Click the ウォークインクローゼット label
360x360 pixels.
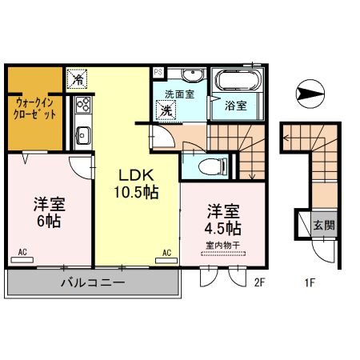click(x=35, y=107)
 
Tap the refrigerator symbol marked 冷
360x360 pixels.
click(x=78, y=79)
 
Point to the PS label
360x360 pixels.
click(x=158, y=72)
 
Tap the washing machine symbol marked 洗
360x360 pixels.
click(x=166, y=111)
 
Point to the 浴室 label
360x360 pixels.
click(x=235, y=105)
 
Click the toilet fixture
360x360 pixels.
click(x=206, y=167)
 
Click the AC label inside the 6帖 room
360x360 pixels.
click(x=22, y=253)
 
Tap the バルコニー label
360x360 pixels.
click(x=91, y=283)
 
